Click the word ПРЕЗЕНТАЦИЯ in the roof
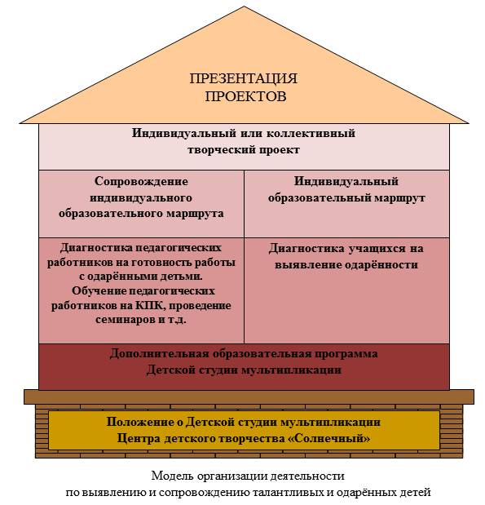pyautogui.click(x=243, y=79)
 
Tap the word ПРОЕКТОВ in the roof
pyautogui.click(x=245, y=96)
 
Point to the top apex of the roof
pyautogui.click(x=245, y=7)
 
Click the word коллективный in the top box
pyautogui.click(x=311, y=133)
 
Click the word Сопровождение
pyautogui.click(x=141, y=181)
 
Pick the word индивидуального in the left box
pyautogui.click(x=141, y=197)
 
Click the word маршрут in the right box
pyautogui.click(x=399, y=198)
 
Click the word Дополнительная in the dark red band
pyautogui.click(x=159, y=353)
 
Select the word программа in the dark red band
pyautogui.click(x=346, y=354)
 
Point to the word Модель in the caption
pyautogui.click(x=173, y=476)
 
